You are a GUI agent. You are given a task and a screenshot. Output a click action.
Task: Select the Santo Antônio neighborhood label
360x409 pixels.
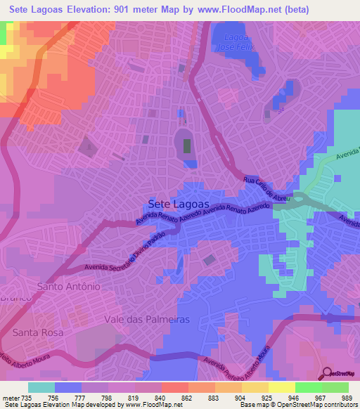click(x=69, y=287)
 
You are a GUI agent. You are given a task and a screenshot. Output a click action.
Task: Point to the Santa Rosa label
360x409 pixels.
click(x=38, y=332)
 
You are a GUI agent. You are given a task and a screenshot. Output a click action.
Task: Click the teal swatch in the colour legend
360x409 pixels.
click(x=41, y=387)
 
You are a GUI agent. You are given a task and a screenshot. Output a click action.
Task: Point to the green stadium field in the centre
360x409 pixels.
click(x=187, y=145)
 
